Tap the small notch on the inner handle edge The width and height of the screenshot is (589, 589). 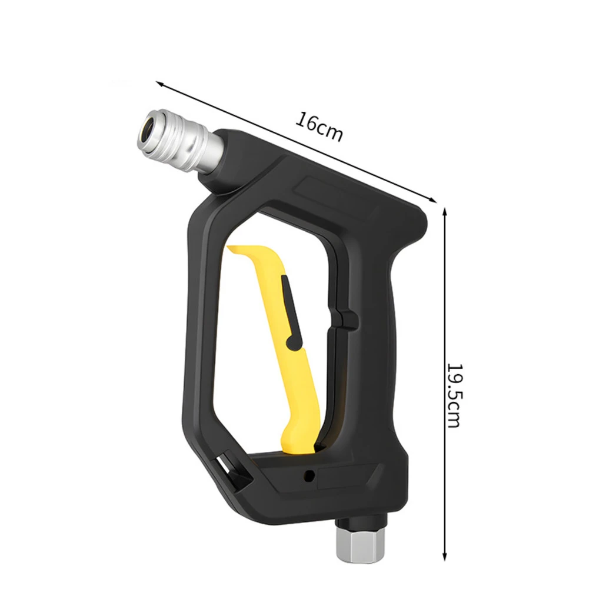[x=350, y=321]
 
